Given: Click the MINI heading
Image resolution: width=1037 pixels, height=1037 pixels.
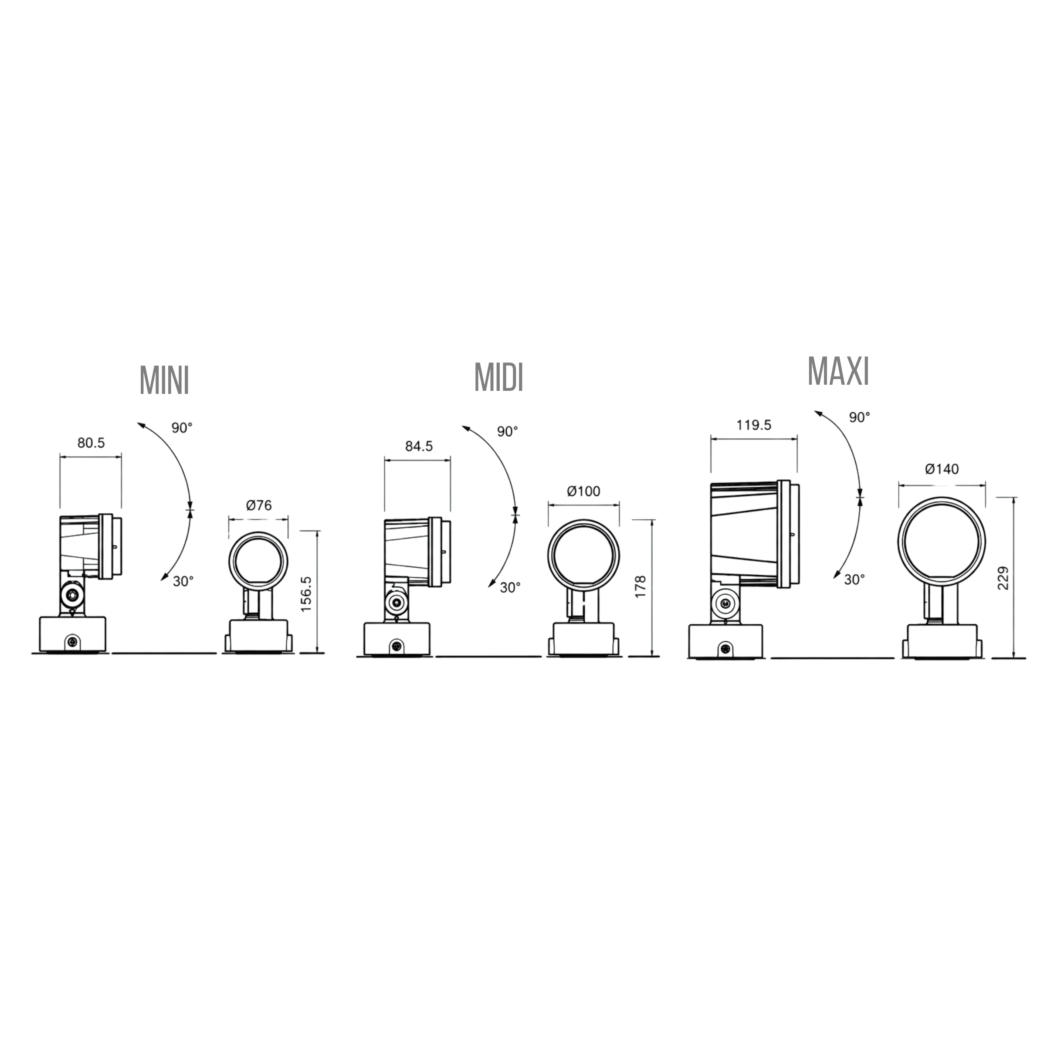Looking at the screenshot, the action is (x=164, y=380).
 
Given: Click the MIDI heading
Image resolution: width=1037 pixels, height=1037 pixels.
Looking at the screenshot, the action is (x=498, y=377).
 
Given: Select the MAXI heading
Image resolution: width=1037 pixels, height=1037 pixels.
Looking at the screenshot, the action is (x=838, y=371).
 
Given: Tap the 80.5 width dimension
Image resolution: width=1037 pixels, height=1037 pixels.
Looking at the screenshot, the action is (x=91, y=443).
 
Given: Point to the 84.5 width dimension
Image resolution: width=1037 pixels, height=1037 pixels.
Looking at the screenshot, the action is (x=419, y=446).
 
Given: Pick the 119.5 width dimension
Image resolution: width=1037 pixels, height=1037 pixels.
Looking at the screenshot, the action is (x=754, y=425).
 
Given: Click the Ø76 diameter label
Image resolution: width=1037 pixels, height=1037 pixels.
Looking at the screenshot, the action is (x=259, y=505).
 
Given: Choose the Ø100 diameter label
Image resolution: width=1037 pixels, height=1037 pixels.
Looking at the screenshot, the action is (x=583, y=491).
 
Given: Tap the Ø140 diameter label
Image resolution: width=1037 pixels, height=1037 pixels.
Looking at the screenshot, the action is (x=942, y=469).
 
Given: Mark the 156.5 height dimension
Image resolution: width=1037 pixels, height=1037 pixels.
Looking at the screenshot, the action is (x=306, y=594).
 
